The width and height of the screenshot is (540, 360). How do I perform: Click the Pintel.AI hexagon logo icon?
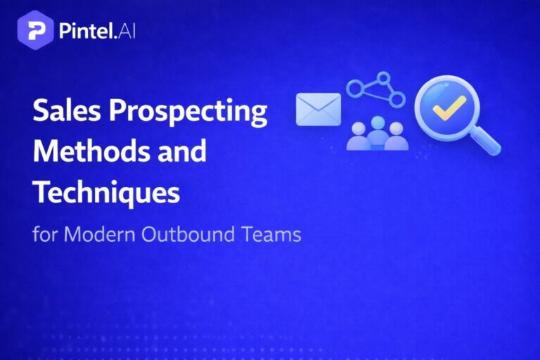click(34, 32)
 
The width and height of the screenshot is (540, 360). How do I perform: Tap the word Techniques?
click(106, 191)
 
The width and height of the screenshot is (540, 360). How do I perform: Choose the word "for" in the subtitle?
click(44, 233)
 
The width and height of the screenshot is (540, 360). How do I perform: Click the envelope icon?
click(318, 109)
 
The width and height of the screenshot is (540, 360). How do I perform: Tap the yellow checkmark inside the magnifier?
click(448, 107)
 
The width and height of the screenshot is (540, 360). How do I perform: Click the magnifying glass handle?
click(486, 141)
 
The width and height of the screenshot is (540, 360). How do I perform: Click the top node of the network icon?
click(382, 77)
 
